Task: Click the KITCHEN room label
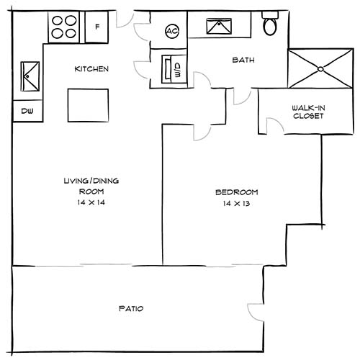pos(92,69)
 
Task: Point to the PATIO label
pos(131,309)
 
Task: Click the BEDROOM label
pos(236,192)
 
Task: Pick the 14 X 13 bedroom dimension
pos(236,204)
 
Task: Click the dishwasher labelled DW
pos(27,111)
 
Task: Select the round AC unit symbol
pos(172,31)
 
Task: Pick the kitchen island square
pos(89,105)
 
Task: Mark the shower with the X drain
pos(317,68)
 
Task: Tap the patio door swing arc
pos(257,312)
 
